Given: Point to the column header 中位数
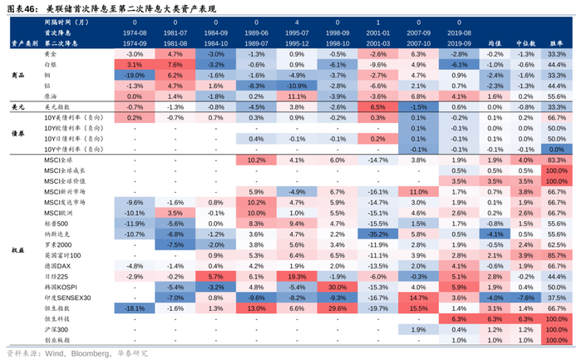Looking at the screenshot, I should click(525, 41).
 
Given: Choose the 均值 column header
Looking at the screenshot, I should click(494, 41).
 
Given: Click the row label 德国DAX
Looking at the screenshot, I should click(49, 265).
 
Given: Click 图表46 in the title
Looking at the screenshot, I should click(21, 9).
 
